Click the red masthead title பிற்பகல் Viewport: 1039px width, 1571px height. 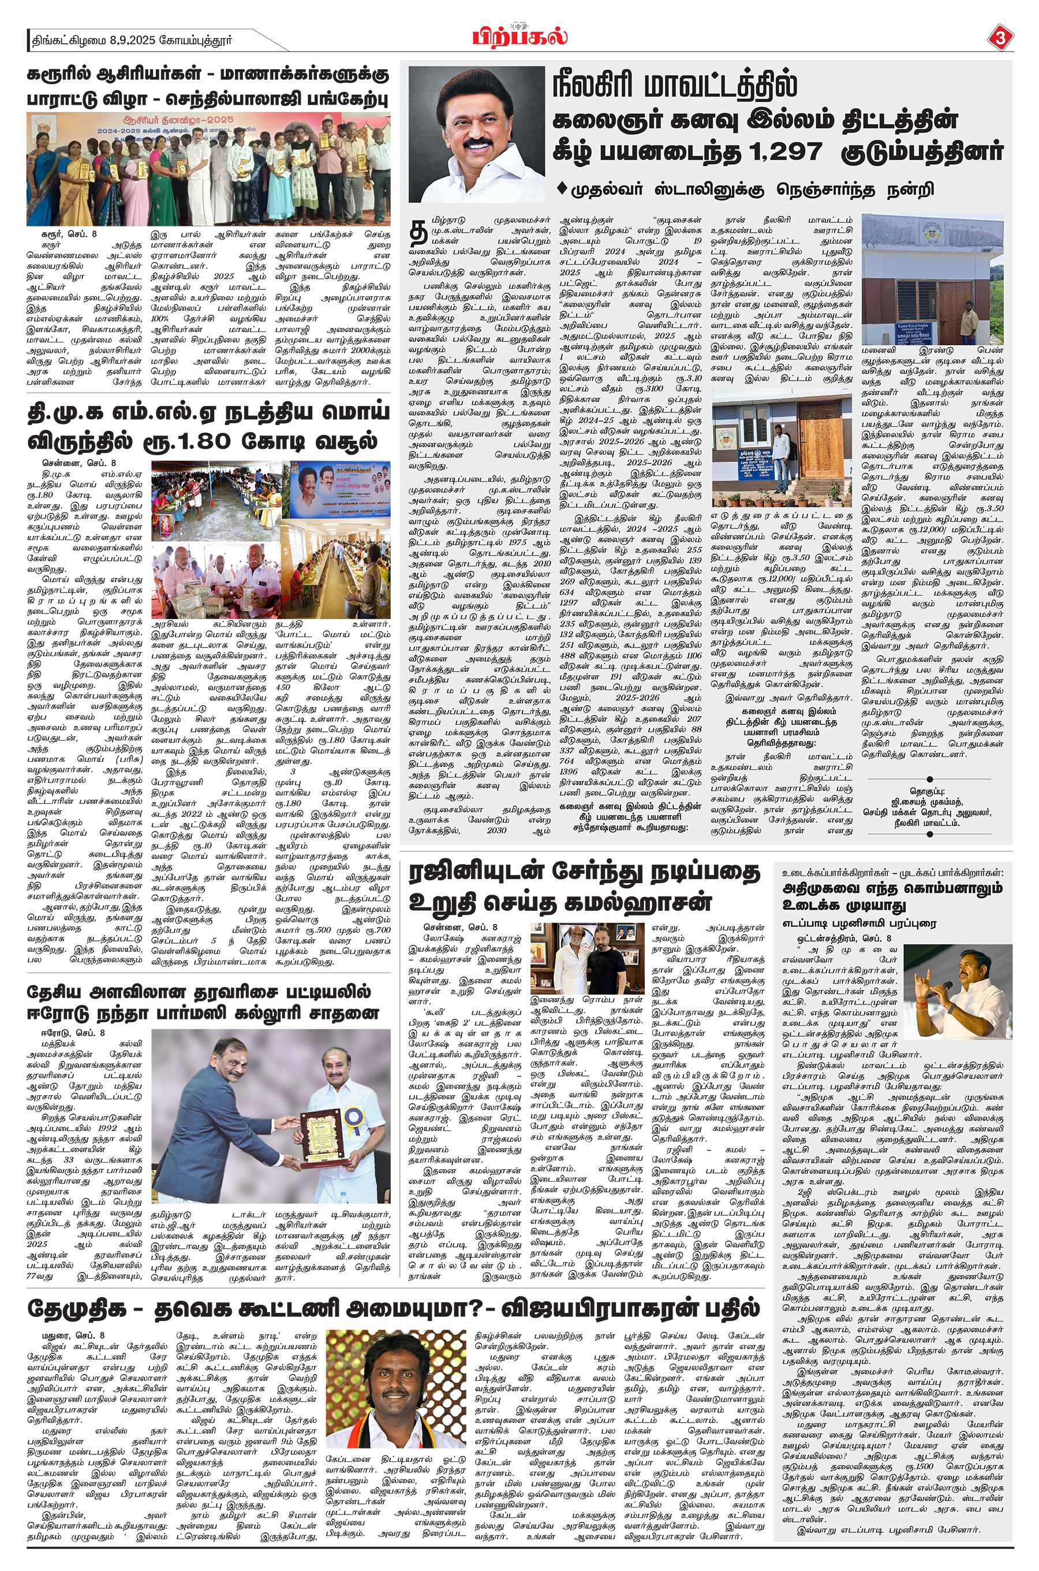coord(519,36)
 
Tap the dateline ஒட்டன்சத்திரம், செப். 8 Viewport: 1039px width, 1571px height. coord(844,939)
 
